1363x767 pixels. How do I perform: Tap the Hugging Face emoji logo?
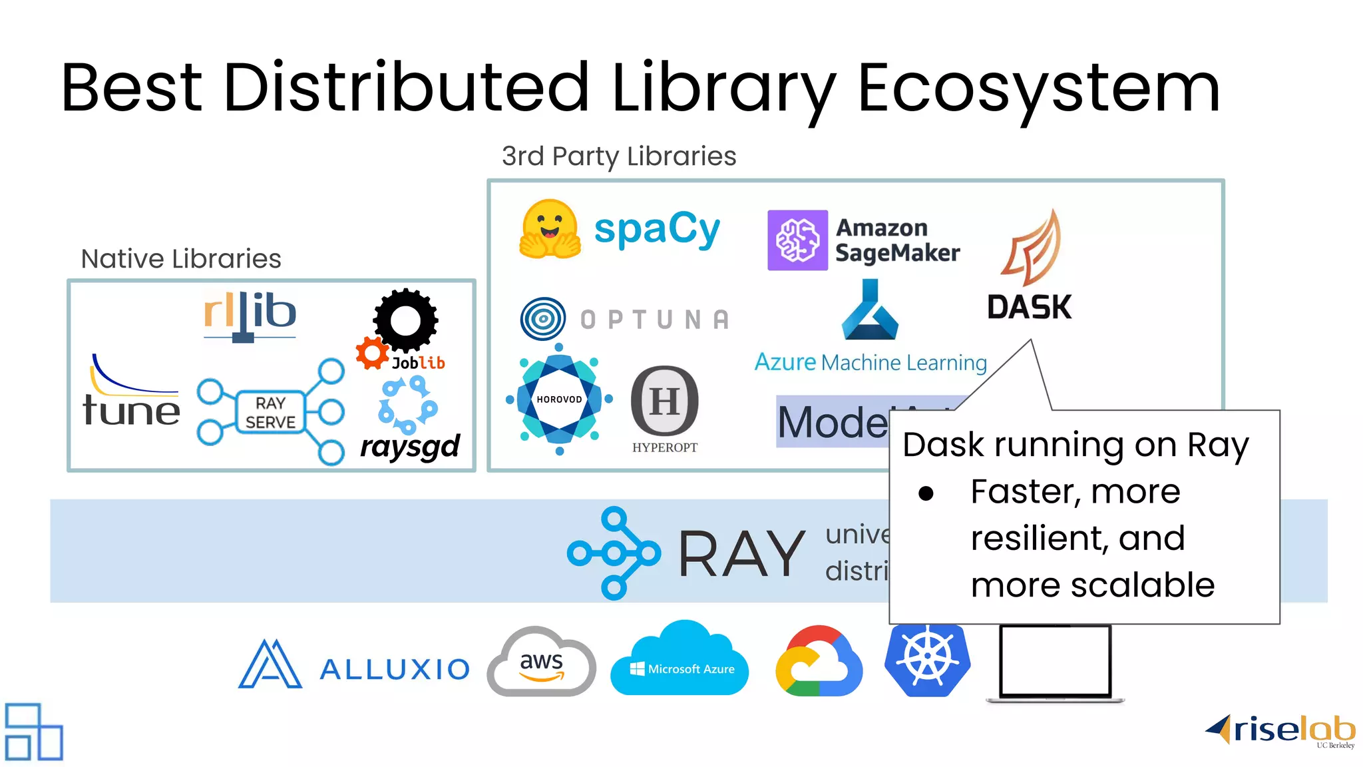[x=549, y=229]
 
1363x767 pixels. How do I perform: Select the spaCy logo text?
[x=657, y=230]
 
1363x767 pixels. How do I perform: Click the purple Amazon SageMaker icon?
[x=797, y=240]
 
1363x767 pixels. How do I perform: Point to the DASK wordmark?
[x=1029, y=307]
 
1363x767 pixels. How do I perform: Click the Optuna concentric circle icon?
[x=543, y=319]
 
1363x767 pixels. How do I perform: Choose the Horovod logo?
[x=559, y=399]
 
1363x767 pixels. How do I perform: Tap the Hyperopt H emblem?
[x=664, y=401]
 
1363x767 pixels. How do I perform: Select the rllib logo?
[x=250, y=314]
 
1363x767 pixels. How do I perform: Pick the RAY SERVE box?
[x=270, y=413]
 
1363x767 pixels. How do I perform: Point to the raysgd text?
[x=410, y=447]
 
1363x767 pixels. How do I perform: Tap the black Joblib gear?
[x=405, y=320]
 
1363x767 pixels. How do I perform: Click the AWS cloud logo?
[x=542, y=662]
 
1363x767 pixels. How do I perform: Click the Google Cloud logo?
[x=819, y=662]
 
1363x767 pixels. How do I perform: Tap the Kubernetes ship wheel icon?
[x=927, y=659]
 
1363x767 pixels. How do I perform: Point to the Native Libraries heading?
[x=181, y=258]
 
